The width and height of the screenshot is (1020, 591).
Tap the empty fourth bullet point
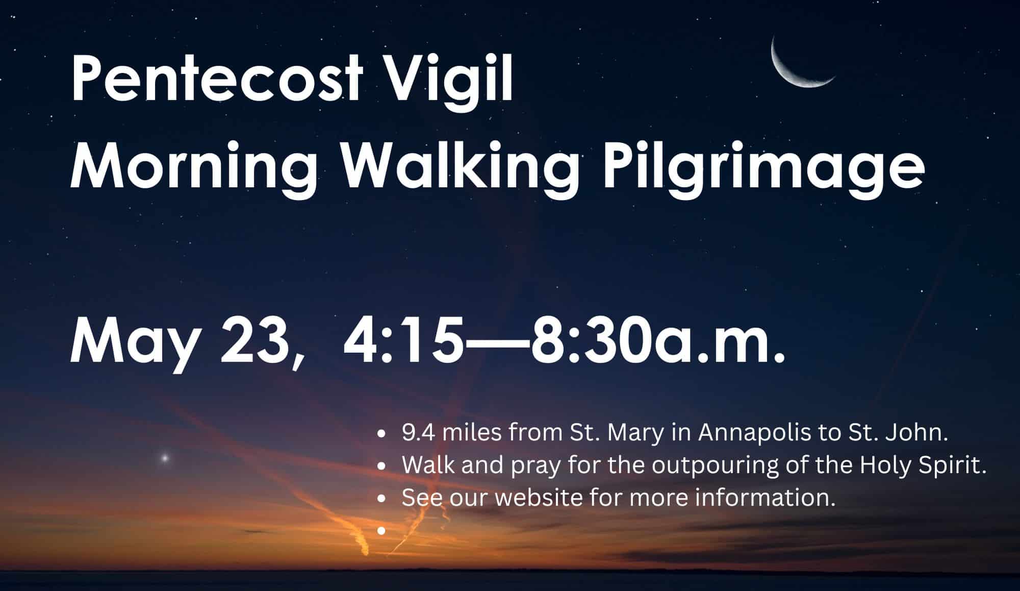pyautogui.click(x=380, y=531)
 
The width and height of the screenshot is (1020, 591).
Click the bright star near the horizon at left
pyautogui.click(x=165, y=458)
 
